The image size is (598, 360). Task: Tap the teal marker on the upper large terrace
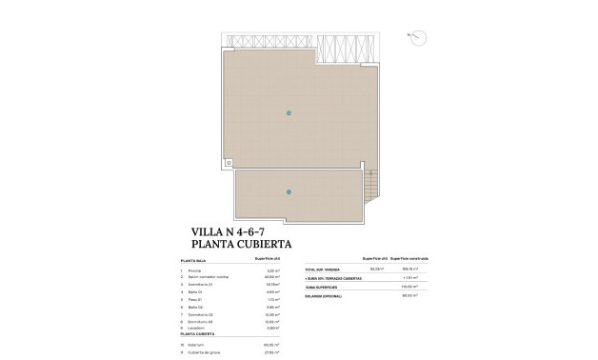289,113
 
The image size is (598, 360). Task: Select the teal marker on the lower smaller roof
289,192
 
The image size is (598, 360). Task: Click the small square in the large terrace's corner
229,162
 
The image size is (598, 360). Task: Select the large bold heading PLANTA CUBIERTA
241,245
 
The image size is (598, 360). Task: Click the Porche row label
196,271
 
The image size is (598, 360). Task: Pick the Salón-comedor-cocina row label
209,278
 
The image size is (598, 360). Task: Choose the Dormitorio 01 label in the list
201,286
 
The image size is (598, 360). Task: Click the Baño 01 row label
197,293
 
